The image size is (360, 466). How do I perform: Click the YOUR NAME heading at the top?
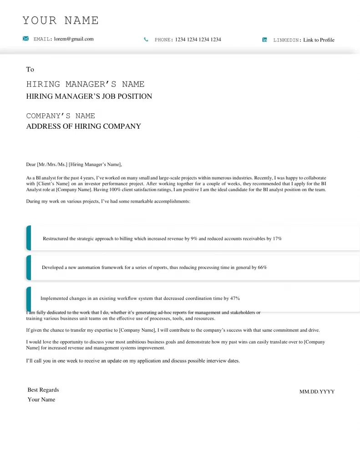[61, 20]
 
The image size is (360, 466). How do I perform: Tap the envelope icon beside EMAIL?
[26, 39]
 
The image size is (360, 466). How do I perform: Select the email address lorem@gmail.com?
[74, 39]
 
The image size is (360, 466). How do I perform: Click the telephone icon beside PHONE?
[146, 40]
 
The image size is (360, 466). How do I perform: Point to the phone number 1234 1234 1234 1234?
[198, 40]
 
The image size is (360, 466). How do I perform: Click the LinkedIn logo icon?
[264, 40]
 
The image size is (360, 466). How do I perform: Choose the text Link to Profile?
[319, 40]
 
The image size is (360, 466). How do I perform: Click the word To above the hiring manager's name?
[30, 70]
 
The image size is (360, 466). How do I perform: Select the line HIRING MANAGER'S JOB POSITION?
[89, 96]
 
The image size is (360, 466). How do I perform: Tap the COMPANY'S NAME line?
[61, 116]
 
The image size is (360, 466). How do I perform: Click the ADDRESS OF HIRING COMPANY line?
[84, 127]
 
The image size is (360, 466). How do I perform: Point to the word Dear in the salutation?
[31, 165]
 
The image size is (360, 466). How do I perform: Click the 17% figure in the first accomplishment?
[277, 238]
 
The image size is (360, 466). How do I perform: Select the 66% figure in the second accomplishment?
[262, 268]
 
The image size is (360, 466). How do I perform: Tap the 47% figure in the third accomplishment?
[235, 299]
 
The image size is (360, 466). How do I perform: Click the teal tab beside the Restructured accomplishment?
[29, 238]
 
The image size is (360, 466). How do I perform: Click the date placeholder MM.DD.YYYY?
[317, 392]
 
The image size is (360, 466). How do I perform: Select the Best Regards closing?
[43, 390]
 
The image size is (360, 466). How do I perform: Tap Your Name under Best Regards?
[41, 400]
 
